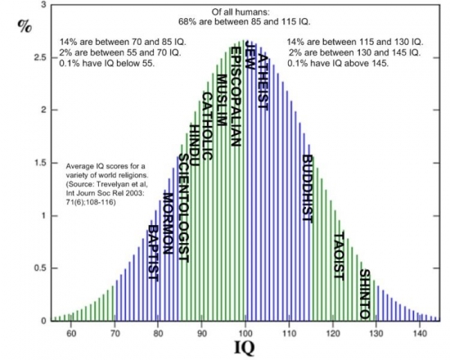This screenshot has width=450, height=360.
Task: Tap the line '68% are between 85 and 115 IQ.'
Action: [x=245, y=22]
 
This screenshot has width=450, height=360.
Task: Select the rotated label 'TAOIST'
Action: [x=339, y=256]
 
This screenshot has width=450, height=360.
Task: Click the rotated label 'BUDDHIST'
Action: [x=308, y=189]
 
